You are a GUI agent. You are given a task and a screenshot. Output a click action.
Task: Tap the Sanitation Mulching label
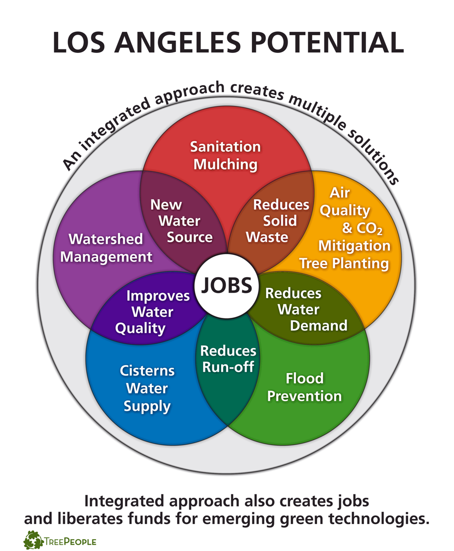[x=226, y=155]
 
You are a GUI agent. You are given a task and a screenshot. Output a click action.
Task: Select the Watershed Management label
[x=106, y=248]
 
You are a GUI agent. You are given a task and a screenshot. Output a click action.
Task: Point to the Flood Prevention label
[x=304, y=386]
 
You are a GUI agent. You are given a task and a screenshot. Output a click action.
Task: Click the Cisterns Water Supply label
[x=147, y=388]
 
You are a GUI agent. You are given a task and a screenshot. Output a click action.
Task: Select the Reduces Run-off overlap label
[x=228, y=358]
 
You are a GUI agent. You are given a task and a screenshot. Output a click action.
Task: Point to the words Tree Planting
[x=344, y=264]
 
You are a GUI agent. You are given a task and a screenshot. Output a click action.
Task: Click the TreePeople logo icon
[x=33, y=540]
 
